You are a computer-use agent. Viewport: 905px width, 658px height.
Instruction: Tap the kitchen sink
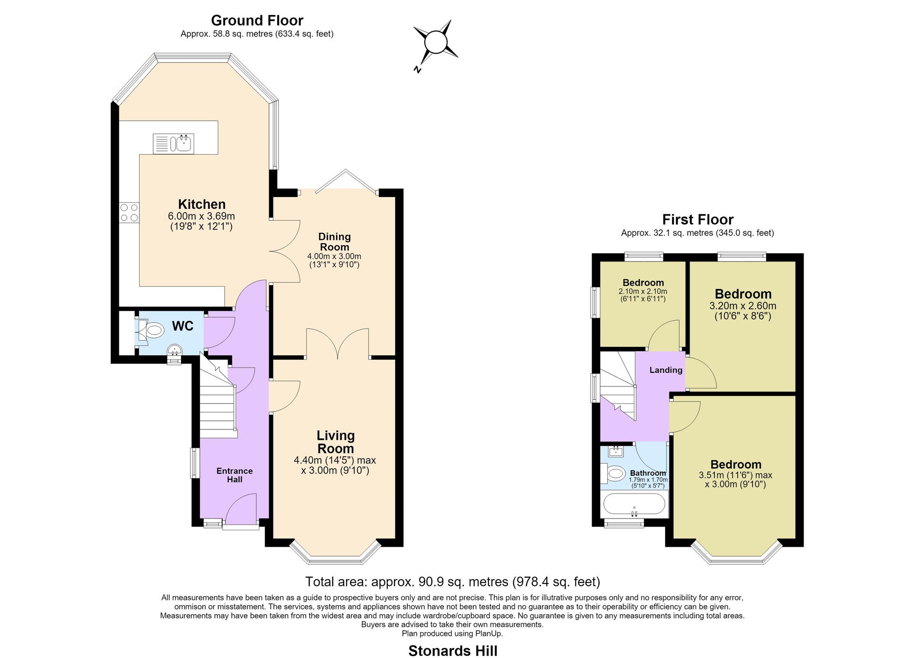click(173, 144)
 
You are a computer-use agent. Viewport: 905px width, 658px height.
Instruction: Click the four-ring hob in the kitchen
click(129, 212)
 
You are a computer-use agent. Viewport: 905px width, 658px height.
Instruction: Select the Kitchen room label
click(202, 204)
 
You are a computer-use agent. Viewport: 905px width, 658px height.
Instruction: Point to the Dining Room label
click(335, 242)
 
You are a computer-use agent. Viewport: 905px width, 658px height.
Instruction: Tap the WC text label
click(183, 326)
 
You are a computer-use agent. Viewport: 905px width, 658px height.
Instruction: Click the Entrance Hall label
click(235, 475)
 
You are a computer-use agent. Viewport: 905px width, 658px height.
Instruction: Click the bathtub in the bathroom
click(634, 505)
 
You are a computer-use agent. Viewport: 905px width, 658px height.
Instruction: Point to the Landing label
click(666, 370)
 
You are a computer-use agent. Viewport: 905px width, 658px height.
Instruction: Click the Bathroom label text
click(648, 473)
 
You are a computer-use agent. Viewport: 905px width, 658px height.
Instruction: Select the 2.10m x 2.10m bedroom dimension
click(643, 291)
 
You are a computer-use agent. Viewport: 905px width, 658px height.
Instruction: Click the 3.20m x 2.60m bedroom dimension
click(743, 305)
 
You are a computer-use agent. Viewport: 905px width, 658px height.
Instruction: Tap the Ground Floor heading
click(257, 20)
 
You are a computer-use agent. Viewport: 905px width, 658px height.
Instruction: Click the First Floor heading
click(698, 220)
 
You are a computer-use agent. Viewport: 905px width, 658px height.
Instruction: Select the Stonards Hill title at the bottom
click(453, 650)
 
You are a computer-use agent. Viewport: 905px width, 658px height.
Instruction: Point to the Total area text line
click(452, 582)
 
